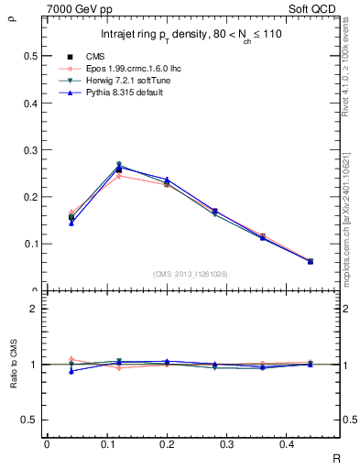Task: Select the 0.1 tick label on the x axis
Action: click(115, 445)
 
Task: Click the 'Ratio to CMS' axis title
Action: click(14, 364)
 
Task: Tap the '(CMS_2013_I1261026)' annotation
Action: click(190, 274)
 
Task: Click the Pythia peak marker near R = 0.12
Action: click(119, 167)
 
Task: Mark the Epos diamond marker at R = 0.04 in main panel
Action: click(71, 213)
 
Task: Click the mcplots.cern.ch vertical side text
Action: click(346, 220)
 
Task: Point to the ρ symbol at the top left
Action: click(12, 14)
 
